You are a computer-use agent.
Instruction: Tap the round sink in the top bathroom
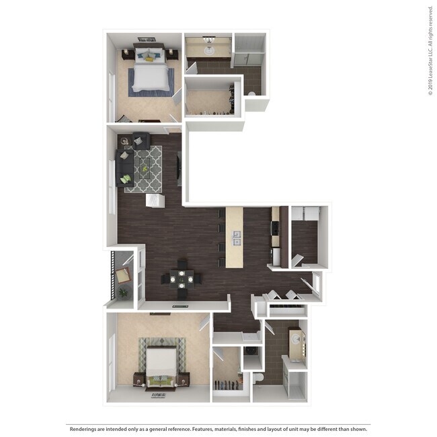[x=208, y=50]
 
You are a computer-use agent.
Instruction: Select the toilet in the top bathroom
[x=251, y=94]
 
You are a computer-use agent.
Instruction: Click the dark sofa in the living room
[x=125, y=167]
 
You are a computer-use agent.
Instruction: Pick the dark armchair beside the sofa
[x=141, y=140]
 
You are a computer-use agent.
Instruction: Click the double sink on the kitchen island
[x=236, y=237]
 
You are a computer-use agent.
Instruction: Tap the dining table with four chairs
[x=180, y=278]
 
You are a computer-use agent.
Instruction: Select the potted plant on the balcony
[x=123, y=292]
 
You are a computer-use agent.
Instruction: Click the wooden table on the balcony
[x=122, y=274]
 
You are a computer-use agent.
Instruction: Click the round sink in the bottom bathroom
[x=296, y=340]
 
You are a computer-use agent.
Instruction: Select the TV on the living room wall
[x=179, y=169]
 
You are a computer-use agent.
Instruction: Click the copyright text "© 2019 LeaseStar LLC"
[x=430, y=50]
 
